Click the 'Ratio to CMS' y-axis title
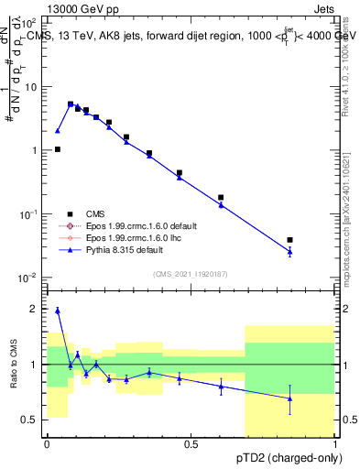(14, 365)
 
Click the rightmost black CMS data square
(289, 240)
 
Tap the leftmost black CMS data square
(57, 149)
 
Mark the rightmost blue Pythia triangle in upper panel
(289, 251)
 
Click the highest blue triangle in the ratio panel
(57, 311)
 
